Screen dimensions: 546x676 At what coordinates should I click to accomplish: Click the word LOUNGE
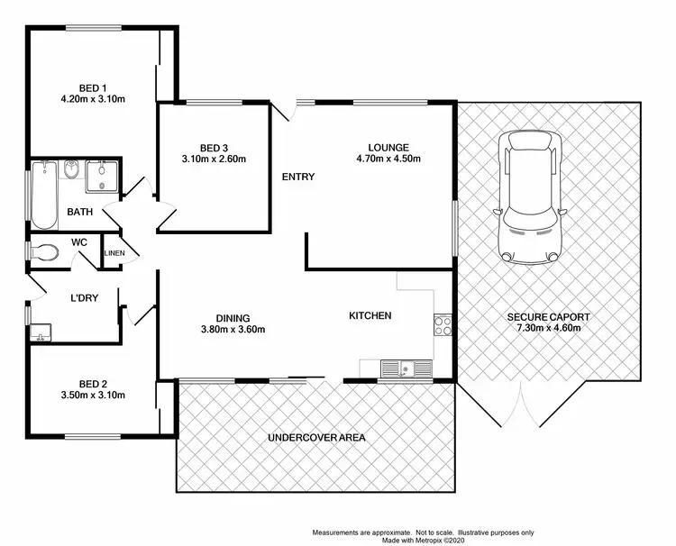click(x=388, y=148)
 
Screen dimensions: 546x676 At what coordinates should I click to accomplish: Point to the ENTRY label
click(x=298, y=177)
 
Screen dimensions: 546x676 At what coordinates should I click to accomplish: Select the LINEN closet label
click(x=114, y=253)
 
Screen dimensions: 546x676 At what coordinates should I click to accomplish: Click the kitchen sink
click(x=405, y=368)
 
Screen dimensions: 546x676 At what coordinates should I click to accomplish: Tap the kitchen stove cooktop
click(x=443, y=324)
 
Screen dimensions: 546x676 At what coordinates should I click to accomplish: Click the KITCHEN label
click(x=370, y=315)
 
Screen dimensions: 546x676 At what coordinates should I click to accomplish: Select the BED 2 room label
click(x=93, y=383)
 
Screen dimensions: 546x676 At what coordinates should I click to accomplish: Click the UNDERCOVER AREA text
click(x=315, y=438)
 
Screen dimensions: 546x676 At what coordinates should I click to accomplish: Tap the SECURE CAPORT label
click(x=547, y=317)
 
